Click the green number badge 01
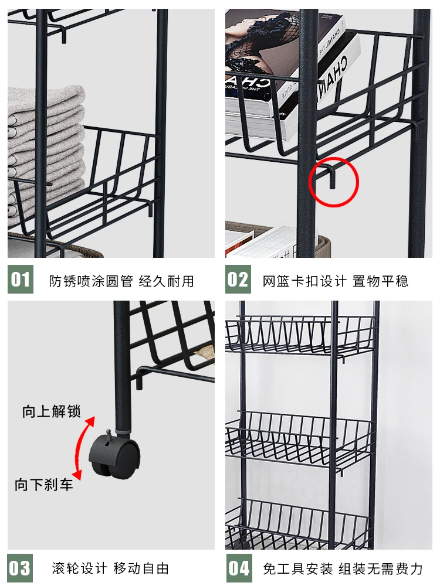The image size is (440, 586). [x=21, y=280]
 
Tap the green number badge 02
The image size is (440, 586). [x=238, y=280]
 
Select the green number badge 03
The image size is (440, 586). [x=21, y=568]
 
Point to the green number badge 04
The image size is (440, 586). [x=238, y=568]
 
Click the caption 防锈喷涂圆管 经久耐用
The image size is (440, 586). [x=121, y=281]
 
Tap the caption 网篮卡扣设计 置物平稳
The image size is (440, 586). [x=336, y=281]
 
